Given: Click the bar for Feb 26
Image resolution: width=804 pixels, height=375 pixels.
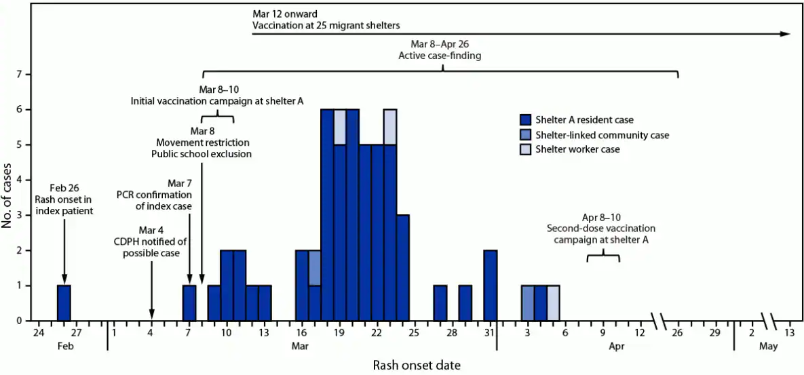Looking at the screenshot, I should click(x=64, y=302).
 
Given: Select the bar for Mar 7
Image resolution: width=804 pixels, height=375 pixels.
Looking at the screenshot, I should click(x=189, y=302).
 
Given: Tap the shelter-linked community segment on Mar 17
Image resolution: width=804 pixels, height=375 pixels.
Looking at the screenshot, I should click(x=315, y=267).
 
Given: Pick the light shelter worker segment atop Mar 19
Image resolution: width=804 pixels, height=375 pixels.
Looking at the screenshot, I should click(x=340, y=126).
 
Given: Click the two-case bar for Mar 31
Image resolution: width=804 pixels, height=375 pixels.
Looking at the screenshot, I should click(x=490, y=285).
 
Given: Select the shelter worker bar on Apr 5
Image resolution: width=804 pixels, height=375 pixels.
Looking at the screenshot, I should click(x=553, y=302).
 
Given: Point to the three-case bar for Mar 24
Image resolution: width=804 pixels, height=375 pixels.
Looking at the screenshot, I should click(x=402, y=267).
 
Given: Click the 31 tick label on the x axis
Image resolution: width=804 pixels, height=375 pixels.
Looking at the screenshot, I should click(x=490, y=333).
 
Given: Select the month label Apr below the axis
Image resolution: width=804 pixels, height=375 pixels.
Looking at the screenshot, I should click(x=616, y=347).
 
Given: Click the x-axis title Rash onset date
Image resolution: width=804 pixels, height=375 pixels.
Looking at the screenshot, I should click(x=416, y=366).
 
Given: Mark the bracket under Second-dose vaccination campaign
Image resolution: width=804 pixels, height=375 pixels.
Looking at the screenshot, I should click(x=603, y=256).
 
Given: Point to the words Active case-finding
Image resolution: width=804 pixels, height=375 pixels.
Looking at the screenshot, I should click(x=440, y=56).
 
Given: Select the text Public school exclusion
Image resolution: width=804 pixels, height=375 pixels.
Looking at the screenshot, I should click(x=202, y=154).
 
